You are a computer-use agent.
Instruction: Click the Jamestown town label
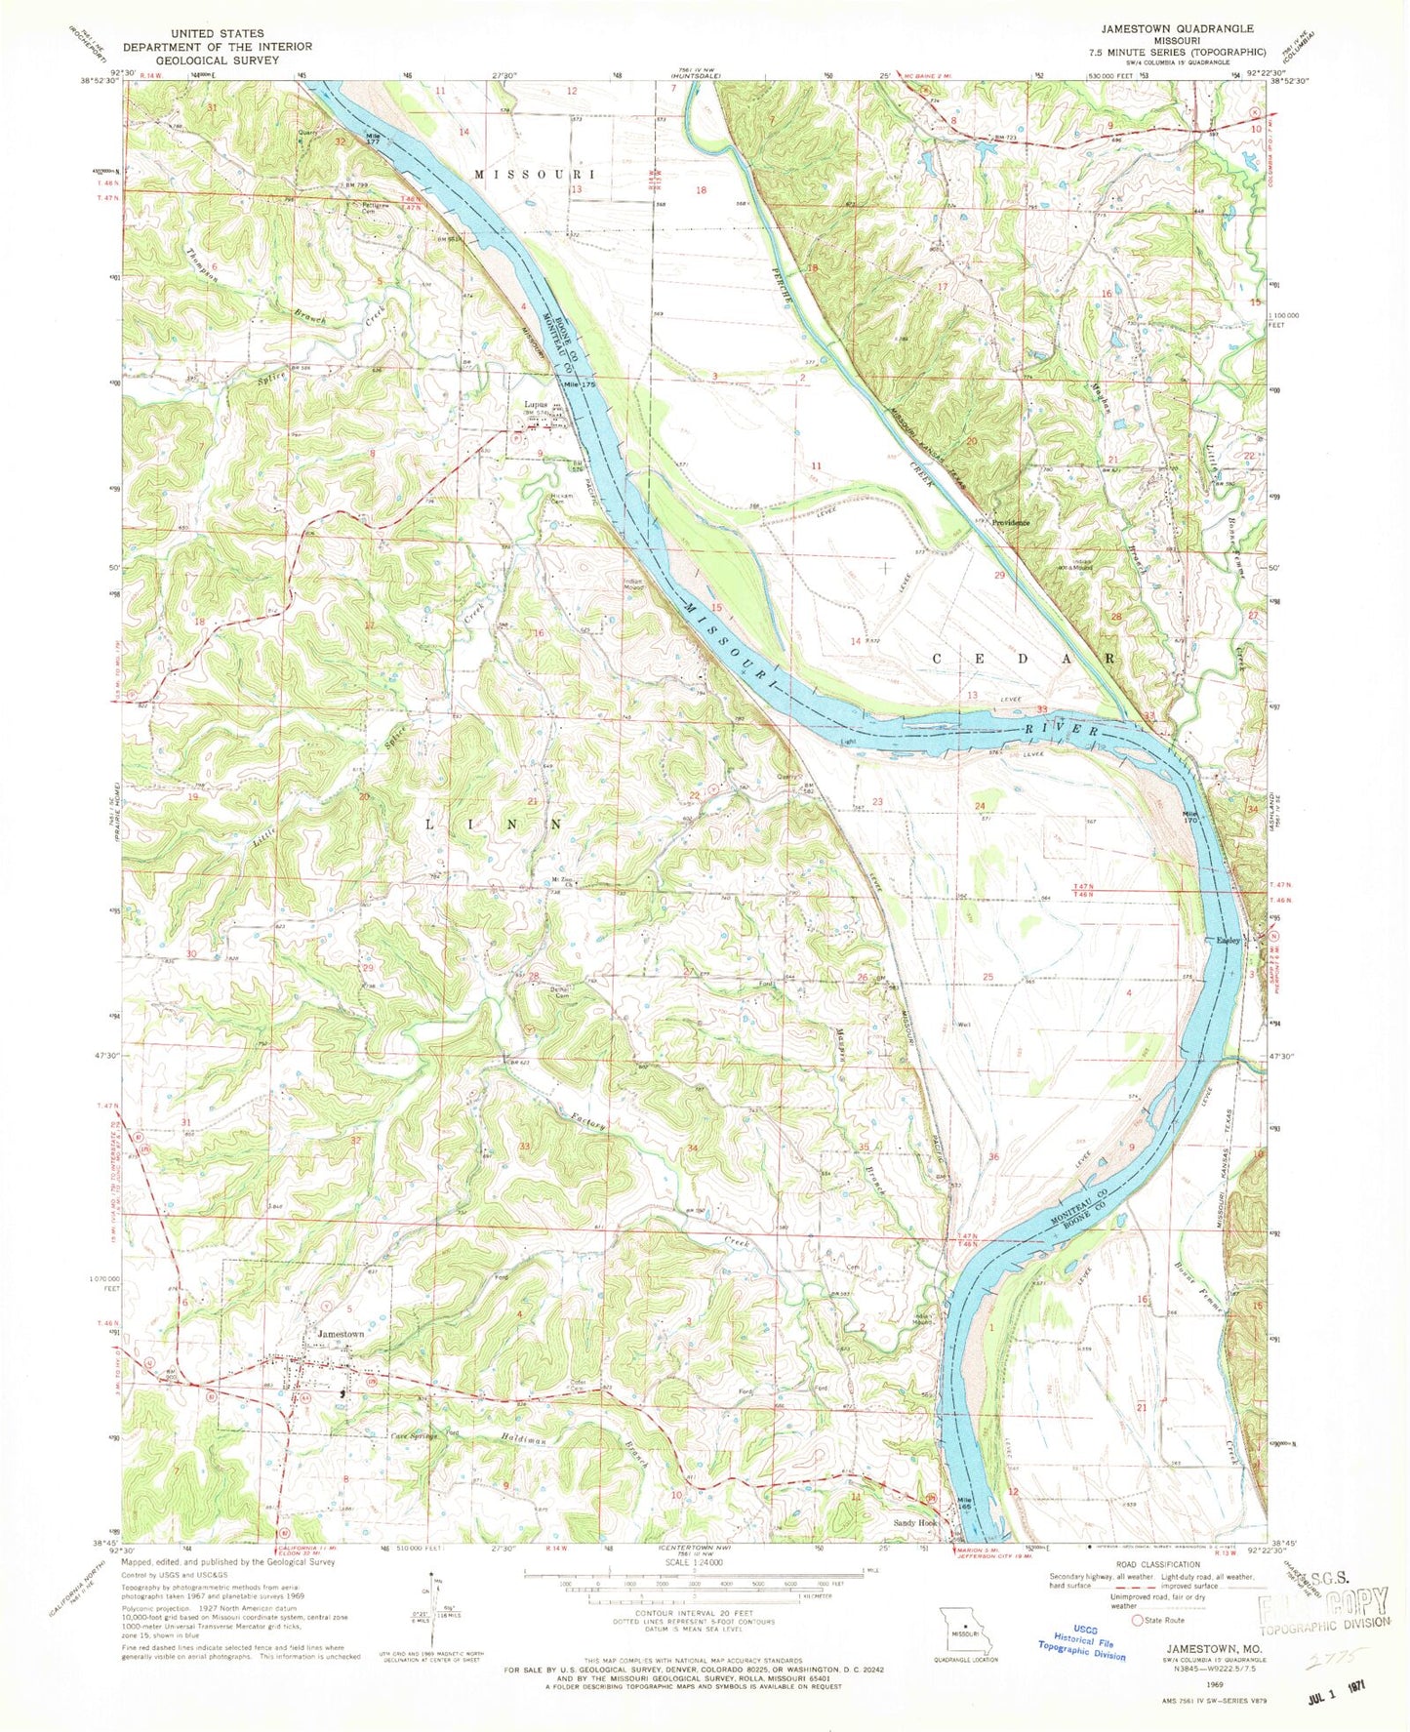(x=340, y=1334)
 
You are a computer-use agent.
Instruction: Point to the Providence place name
(x=1011, y=522)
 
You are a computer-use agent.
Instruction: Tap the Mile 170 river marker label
(x=1189, y=817)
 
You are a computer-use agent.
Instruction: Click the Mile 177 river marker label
(x=372, y=138)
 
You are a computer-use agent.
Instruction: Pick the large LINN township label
(x=494, y=825)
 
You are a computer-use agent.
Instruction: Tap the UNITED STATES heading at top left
(x=217, y=33)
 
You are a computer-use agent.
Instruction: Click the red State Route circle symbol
(x=1138, y=1621)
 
